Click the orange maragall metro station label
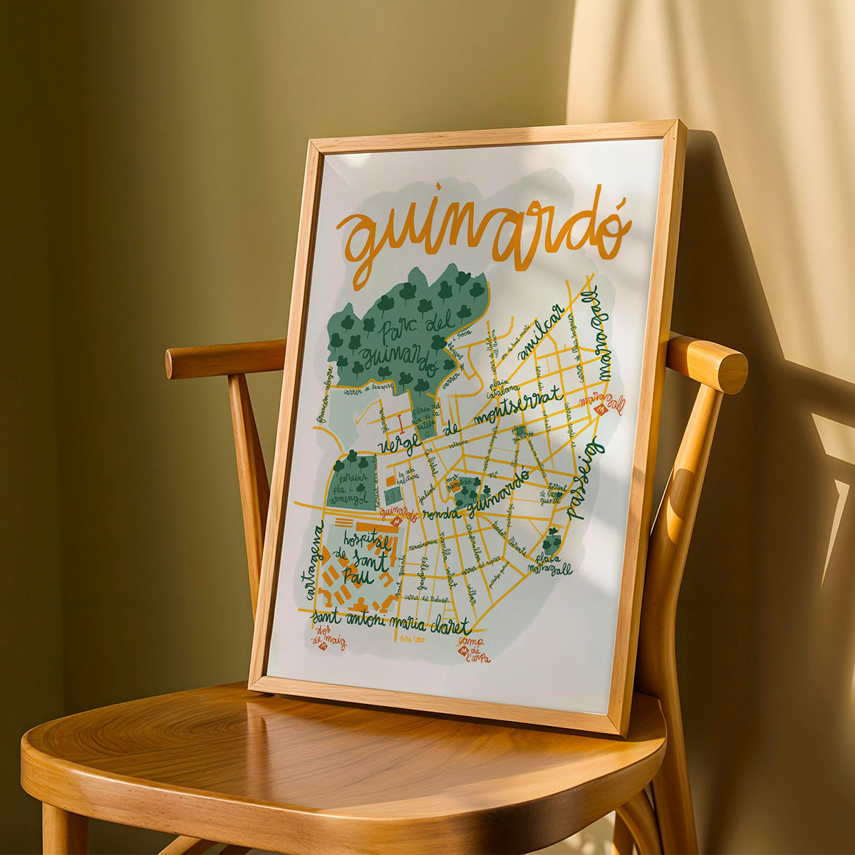(603, 403)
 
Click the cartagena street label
(313, 560)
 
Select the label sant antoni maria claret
(392, 621)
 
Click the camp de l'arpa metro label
(473, 648)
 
